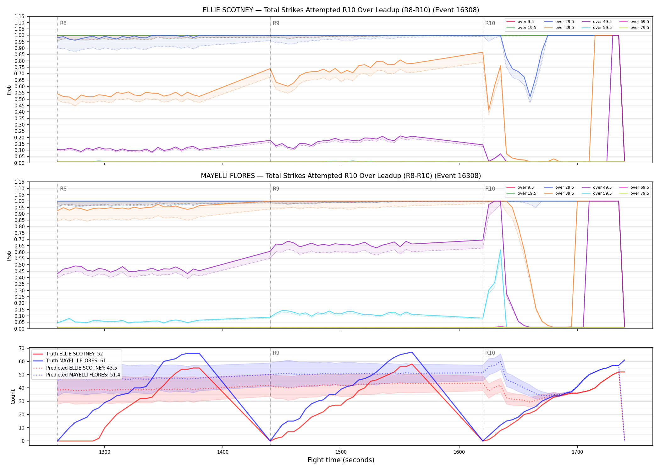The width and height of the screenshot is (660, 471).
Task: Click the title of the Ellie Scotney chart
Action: pyautogui.click(x=341, y=10)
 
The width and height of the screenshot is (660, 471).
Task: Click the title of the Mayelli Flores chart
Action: pyautogui.click(x=341, y=176)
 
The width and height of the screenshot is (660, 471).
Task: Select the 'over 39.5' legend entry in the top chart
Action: pyautogui.click(x=559, y=28)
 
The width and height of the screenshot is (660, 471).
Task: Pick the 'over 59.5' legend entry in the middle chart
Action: pyautogui.click(x=597, y=193)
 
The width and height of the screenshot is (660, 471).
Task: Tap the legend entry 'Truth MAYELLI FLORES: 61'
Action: pyautogui.click(x=76, y=361)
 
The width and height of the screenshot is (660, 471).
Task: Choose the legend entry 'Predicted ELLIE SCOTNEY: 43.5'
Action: pyautogui.click(x=81, y=368)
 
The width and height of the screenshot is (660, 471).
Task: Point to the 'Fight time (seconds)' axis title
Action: pyautogui.click(x=341, y=460)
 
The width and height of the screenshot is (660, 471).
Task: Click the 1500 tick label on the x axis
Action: pyautogui.click(x=341, y=452)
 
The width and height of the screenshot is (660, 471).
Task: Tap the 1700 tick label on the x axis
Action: pyautogui.click(x=577, y=452)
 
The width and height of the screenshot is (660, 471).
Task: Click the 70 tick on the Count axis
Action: pyautogui.click(x=22, y=348)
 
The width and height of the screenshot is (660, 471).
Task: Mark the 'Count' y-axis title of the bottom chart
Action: pyautogui.click(x=13, y=397)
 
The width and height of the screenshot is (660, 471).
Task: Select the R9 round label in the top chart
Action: pyautogui.click(x=276, y=23)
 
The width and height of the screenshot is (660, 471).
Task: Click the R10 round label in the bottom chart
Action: pyautogui.click(x=490, y=353)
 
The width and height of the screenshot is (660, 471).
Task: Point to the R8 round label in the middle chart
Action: pyautogui.click(x=63, y=189)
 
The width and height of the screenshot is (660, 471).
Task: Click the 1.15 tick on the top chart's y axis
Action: pyautogui.click(x=19, y=16)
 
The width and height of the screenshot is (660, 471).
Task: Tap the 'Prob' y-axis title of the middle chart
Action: pyautogui.click(x=9, y=256)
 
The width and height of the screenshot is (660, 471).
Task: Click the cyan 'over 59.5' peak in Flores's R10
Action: pyautogui.click(x=500, y=250)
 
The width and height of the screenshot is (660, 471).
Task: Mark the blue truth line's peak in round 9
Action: pyautogui.click(x=412, y=352)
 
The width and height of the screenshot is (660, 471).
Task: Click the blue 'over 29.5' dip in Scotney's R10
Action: pyautogui.click(x=530, y=97)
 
